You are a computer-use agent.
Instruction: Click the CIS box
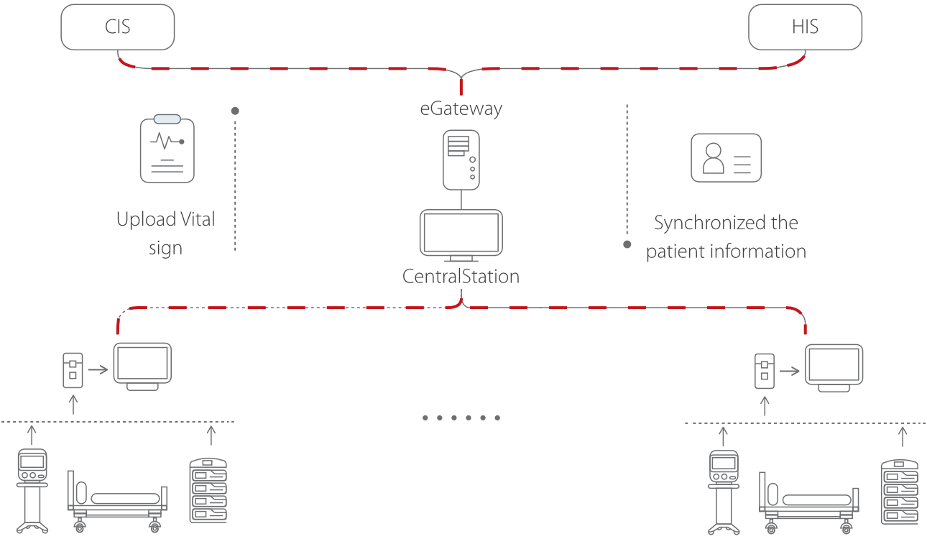pyautogui.click(x=118, y=28)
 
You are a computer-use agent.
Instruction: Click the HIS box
pyautogui.click(x=805, y=28)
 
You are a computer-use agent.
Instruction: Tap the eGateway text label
pyautogui.click(x=461, y=109)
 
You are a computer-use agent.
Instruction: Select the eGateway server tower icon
pyautogui.click(x=461, y=160)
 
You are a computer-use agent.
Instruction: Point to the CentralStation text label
pyautogui.click(x=461, y=277)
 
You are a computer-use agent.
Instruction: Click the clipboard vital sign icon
pyautogui.click(x=167, y=149)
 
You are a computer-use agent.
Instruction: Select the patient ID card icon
pyautogui.click(x=726, y=157)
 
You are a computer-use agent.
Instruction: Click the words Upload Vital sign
pyautogui.click(x=166, y=234)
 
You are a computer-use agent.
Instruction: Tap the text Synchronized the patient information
pyautogui.click(x=726, y=237)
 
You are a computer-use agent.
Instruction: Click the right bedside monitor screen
pyautogui.click(x=834, y=366)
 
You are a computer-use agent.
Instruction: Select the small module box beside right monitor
pyautogui.click(x=764, y=371)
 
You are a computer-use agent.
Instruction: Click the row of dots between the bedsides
pyautogui.click(x=461, y=418)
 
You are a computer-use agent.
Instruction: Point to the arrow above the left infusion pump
pyautogui.click(x=211, y=435)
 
